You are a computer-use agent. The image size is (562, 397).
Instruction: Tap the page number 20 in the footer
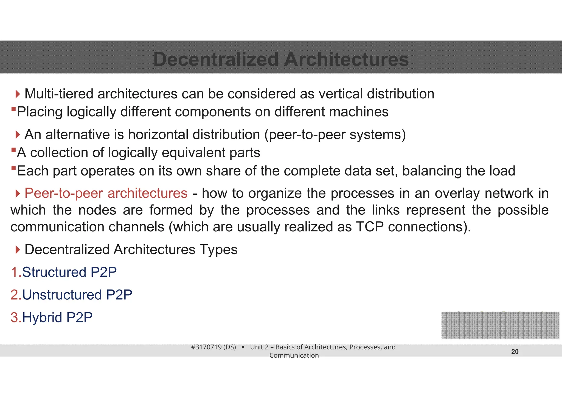pyautogui.click(x=515, y=352)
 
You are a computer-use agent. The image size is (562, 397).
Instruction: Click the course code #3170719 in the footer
pyautogui.click(x=206, y=347)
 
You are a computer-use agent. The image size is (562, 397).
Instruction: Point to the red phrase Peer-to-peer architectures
pyautogui.click(x=106, y=193)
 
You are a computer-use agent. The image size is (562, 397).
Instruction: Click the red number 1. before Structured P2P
pyautogui.click(x=16, y=272)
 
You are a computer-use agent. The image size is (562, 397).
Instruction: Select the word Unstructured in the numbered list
pyautogui.click(x=62, y=295)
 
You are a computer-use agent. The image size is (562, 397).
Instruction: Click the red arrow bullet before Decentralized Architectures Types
pyautogui.click(x=18, y=250)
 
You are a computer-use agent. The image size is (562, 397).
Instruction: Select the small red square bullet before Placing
pyautogui.click(x=13, y=109)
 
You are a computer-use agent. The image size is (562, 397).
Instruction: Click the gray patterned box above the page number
pyautogui.click(x=500, y=325)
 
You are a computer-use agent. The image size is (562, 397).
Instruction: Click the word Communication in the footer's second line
pyautogui.click(x=294, y=356)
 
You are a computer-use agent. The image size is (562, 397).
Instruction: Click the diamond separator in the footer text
pyautogui.click(x=243, y=347)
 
